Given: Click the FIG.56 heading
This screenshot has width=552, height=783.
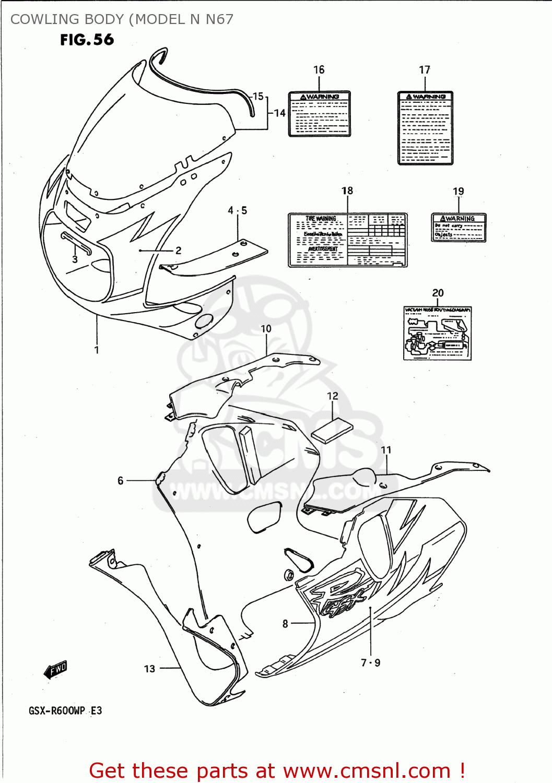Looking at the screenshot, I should click(x=87, y=40).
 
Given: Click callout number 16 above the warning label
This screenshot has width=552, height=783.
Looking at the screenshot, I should click(x=319, y=70).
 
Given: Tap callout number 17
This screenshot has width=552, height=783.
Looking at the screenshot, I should click(x=425, y=70).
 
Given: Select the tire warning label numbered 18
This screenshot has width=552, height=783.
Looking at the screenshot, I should click(x=347, y=240).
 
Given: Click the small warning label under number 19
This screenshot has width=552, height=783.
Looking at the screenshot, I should click(x=459, y=227).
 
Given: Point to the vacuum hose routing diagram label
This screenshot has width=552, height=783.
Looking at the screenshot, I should click(x=437, y=333).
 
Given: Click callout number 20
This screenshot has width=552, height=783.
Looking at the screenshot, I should click(x=438, y=293).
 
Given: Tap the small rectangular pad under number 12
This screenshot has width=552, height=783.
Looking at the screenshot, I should click(x=332, y=430).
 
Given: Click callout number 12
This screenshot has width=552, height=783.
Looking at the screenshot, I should click(x=333, y=396).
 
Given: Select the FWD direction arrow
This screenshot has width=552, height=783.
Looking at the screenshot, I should click(x=56, y=670).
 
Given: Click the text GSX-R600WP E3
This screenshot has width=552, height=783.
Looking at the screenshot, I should click(x=65, y=711).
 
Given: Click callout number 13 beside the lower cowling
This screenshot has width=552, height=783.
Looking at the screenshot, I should click(x=149, y=669).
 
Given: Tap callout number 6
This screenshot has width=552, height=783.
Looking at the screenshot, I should click(x=121, y=481).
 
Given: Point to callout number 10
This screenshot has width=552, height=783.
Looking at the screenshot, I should click(x=266, y=329).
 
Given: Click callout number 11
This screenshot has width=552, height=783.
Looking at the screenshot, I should click(x=386, y=450).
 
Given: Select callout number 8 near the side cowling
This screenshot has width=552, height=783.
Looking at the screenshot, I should click(x=285, y=623).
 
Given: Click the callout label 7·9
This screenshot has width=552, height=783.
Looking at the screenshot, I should click(x=370, y=663).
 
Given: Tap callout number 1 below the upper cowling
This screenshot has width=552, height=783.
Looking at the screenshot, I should click(x=97, y=350).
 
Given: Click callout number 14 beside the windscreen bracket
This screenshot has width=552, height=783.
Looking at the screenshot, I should click(x=280, y=113).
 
